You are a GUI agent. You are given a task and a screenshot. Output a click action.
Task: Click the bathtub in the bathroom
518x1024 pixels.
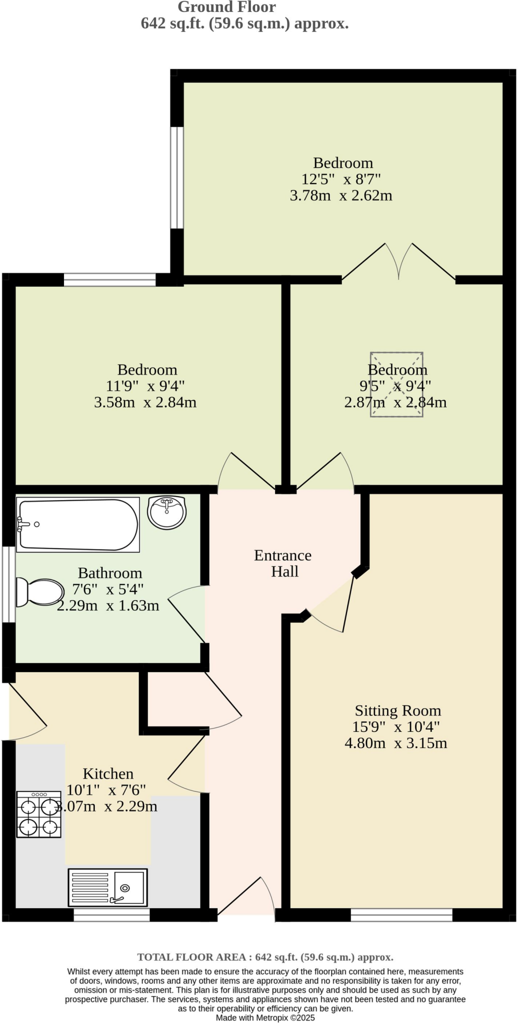click(77, 524)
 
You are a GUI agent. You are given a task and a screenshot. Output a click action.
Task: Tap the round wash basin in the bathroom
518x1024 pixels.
click(167, 512)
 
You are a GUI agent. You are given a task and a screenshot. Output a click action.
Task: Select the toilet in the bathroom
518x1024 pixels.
click(39, 592)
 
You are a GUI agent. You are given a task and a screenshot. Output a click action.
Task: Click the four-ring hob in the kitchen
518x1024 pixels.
click(39, 814)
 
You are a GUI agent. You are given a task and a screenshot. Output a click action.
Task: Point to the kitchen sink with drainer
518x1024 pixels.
click(107, 887)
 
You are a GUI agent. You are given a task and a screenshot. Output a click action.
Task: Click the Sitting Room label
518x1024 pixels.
click(397, 710)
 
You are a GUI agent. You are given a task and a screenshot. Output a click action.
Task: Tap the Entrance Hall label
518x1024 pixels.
click(283, 563)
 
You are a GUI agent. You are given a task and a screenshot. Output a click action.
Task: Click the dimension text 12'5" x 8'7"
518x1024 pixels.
click(341, 179)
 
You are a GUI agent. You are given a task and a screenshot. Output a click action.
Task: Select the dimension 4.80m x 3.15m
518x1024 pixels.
click(395, 743)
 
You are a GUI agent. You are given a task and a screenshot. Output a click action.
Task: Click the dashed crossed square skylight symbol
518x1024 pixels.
click(396, 384)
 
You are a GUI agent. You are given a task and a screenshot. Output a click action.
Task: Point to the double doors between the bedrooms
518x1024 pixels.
click(398, 262)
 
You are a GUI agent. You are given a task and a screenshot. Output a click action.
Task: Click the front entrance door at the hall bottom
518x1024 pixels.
click(247, 900)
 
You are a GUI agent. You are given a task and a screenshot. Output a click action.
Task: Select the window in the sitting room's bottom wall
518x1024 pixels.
click(401, 915)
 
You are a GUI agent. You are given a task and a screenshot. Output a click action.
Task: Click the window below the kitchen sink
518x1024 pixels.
click(111, 915)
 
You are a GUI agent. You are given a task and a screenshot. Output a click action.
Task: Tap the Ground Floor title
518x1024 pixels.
click(226, 7)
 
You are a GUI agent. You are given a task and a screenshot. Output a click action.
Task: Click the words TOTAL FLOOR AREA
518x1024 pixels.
click(192, 957)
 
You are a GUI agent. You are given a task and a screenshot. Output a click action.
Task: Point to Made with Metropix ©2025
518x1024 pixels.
click(265, 1017)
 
